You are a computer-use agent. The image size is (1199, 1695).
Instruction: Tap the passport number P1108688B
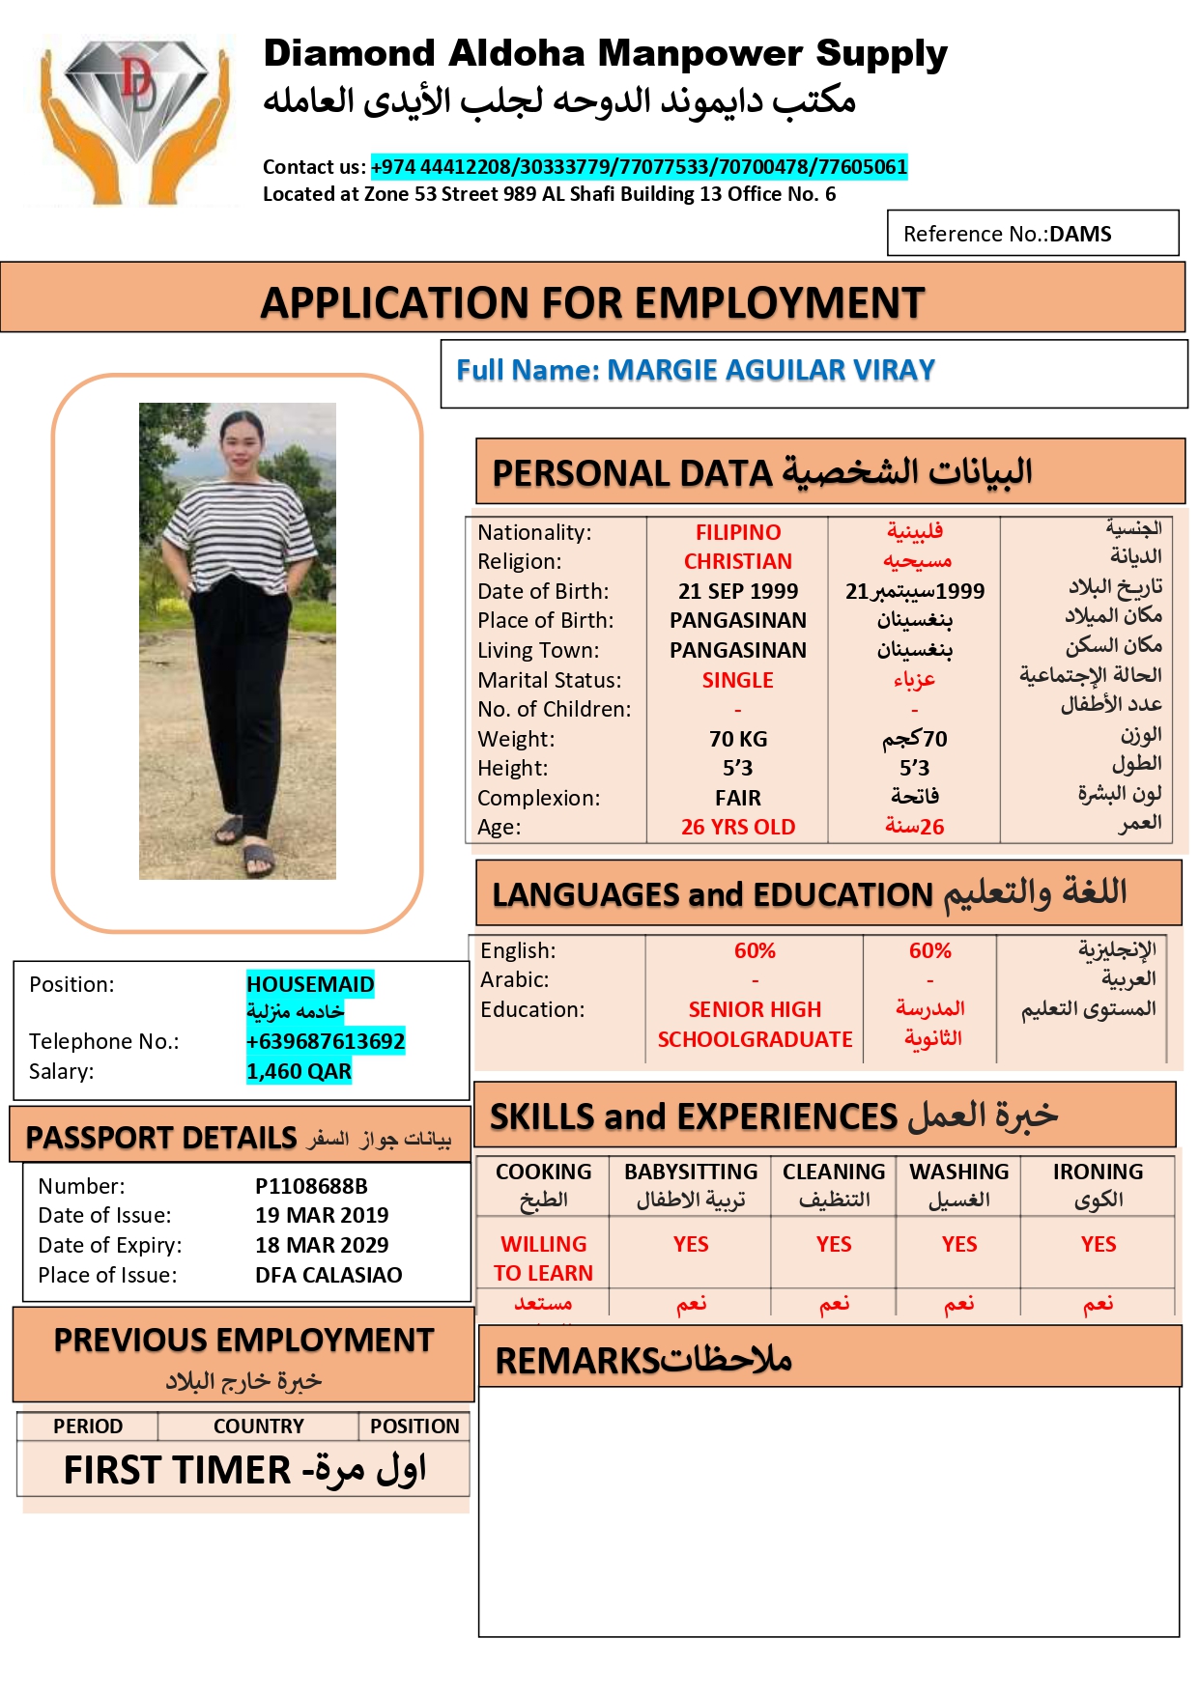pos(311,1186)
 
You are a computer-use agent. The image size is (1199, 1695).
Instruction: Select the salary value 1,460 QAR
pos(299,1071)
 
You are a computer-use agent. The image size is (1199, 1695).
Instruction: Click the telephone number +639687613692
pos(326,1041)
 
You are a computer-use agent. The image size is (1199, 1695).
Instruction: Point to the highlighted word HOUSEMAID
pos(310,984)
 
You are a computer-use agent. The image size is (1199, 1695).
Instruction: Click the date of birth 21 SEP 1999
pos(738,591)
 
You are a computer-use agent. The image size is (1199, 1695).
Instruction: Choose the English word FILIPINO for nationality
pos(738,532)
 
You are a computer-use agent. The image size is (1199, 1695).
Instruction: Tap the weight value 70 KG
pos(738,739)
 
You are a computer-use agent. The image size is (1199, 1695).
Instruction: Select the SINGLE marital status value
pos(738,680)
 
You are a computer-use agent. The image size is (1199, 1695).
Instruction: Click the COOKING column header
pos(543,1172)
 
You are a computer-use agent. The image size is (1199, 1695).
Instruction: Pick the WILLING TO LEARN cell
pos(543,1257)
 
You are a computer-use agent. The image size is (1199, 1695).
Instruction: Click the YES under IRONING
pos(1098,1244)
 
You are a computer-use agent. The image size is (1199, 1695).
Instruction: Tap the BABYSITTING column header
pos(691,1172)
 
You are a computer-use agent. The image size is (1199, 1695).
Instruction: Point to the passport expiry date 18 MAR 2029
pos(322,1245)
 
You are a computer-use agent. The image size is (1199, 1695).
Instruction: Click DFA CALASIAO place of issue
pos(328,1275)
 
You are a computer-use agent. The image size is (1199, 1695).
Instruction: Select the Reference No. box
pos(1032,234)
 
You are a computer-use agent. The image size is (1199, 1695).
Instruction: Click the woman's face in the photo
pos(241,440)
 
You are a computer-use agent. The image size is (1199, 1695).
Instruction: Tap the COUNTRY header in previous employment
pos(258,1427)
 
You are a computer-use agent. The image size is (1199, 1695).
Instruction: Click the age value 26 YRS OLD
pos(738,828)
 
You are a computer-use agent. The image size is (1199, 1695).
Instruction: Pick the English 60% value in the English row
pos(755,950)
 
